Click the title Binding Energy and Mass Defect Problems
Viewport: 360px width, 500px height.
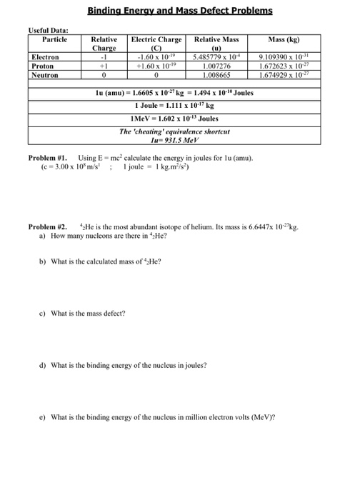(180, 11)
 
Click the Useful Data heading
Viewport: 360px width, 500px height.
(48, 30)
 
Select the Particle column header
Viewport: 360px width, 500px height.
(54, 39)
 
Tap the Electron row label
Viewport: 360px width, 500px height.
(44, 56)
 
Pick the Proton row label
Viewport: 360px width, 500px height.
(41, 65)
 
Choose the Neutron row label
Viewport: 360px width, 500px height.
(44, 74)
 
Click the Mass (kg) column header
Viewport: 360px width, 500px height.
(283, 39)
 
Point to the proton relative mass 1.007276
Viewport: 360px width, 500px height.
(217, 65)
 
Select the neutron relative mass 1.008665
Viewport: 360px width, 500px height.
(217, 74)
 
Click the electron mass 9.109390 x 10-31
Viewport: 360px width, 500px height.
(283, 56)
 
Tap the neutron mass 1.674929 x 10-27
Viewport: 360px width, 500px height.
(283, 74)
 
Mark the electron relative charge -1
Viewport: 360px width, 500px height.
(104, 56)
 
